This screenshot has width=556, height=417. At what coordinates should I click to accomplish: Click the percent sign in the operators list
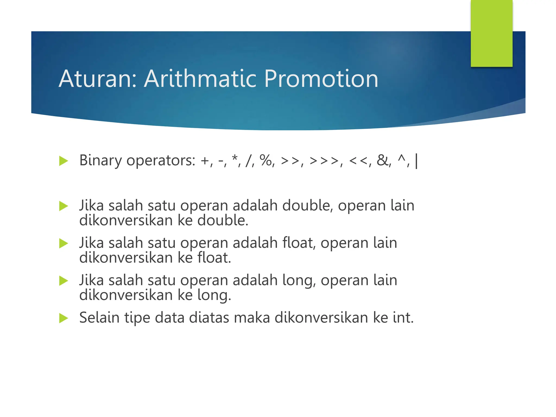266,160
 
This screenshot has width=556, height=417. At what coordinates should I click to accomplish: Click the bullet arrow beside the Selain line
64,318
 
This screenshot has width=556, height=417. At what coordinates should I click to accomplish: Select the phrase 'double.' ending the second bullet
223,220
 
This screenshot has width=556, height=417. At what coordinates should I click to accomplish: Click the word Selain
99,317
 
